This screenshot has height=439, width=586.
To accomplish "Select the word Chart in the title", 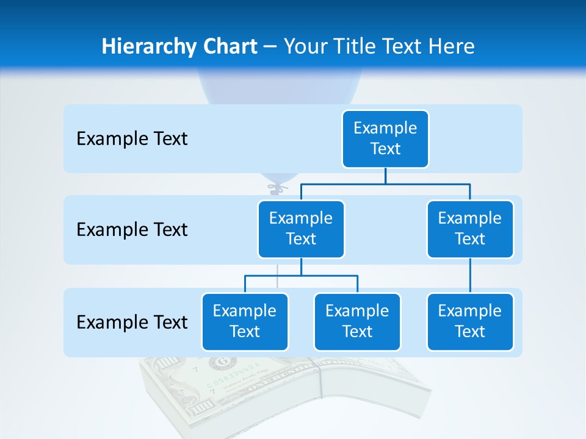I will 227,46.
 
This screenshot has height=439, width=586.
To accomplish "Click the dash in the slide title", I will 270,47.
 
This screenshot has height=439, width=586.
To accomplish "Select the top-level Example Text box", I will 385,138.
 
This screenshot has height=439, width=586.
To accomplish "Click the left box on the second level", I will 301,229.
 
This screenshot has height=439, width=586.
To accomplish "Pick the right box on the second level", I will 470,229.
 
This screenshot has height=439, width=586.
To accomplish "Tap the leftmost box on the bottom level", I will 245,321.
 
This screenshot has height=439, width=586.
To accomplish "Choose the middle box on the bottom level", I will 357,321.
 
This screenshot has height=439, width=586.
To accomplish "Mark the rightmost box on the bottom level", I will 470,321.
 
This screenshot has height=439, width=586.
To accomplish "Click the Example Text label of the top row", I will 132,138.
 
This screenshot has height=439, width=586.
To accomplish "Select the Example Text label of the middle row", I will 132,229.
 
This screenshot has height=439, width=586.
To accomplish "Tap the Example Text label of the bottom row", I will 132,322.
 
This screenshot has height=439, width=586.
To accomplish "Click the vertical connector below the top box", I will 385,176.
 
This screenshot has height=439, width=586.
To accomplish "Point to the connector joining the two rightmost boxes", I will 470,276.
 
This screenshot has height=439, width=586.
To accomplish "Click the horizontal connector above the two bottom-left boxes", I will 301,276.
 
